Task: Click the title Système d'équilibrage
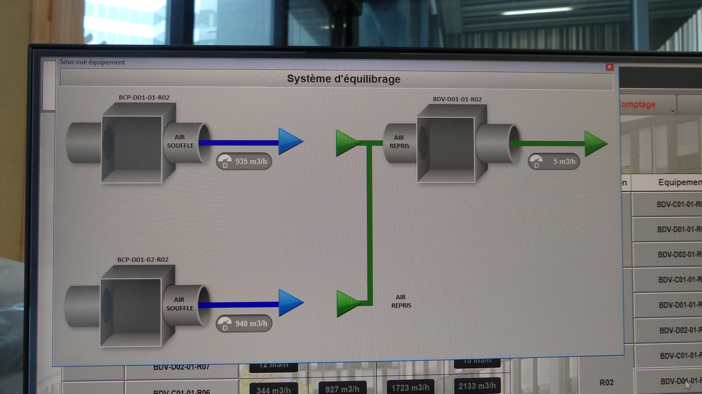[344, 79]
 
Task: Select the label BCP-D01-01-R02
[144, 97]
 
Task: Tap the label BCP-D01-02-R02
[143, 260]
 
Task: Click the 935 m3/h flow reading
[251, 161]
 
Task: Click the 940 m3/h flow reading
[251, 324]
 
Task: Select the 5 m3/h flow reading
[564, 162]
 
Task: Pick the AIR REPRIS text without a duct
[401, 301]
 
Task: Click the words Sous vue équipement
[92, 62]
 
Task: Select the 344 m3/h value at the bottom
[273, 390]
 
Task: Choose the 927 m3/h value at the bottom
[342, 389]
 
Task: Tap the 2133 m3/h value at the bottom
[477, 386]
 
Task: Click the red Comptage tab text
[637, 104]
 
